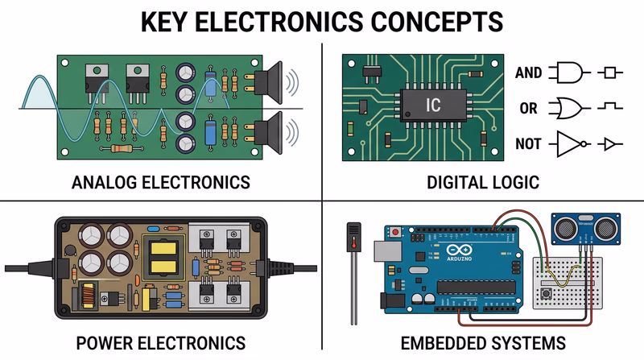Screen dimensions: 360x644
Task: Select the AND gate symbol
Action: [568, 73]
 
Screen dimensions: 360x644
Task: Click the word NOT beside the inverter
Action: [528, 145]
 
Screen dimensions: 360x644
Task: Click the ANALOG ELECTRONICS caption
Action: [160, 182]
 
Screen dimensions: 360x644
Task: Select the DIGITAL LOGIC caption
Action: [483, 182]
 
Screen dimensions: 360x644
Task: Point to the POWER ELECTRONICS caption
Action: [160, 341]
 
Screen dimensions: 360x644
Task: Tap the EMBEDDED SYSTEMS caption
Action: [483, 341]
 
